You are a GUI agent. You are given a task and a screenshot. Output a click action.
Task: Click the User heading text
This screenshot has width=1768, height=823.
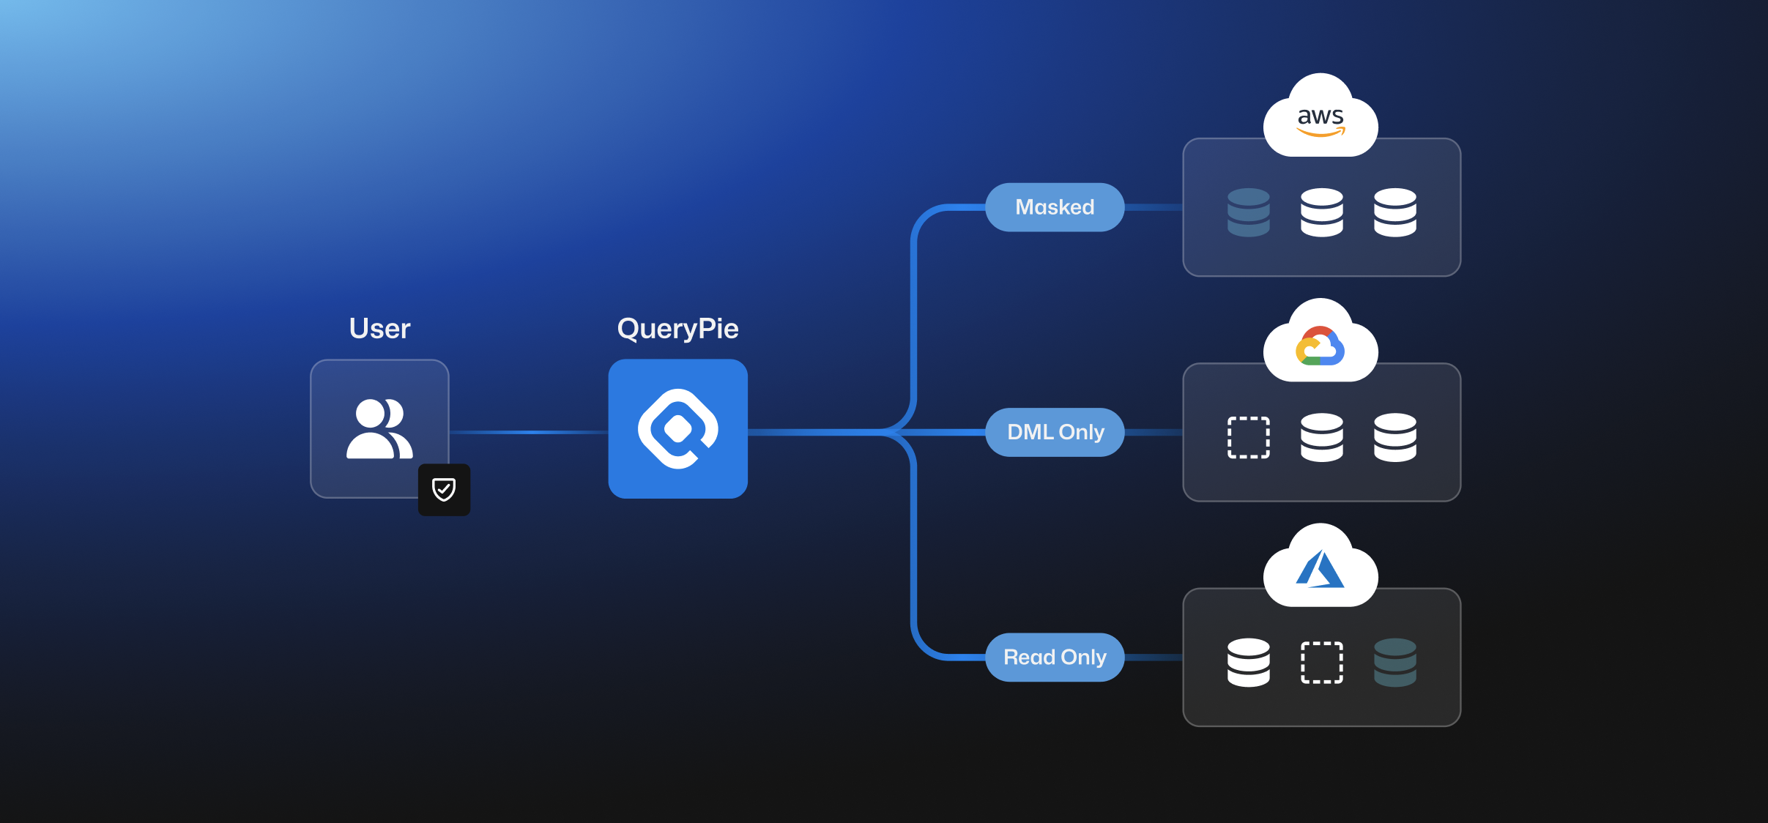[379, 329]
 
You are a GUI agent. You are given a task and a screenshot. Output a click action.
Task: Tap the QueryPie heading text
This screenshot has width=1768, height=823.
[677, 329]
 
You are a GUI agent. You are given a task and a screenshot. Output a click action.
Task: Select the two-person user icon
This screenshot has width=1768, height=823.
[379, 429]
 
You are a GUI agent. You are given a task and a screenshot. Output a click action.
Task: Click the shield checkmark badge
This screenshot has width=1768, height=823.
[444, 489]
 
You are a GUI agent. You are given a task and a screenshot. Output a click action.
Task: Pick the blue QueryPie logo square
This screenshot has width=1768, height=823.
[677, 429]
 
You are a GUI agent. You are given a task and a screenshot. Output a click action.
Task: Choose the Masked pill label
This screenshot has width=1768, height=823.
[1055, 207]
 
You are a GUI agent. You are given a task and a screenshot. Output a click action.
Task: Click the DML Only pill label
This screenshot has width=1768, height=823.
[1055, 432]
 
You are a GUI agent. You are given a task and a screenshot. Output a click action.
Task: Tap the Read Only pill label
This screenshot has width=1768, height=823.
[1055, 657]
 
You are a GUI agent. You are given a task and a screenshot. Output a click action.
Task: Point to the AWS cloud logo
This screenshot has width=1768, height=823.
[1321, 119]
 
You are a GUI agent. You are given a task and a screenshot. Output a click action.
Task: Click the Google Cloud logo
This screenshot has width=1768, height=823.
[1321, 346]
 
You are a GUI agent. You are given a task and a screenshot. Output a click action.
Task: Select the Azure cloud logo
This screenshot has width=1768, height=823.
[1321, 570]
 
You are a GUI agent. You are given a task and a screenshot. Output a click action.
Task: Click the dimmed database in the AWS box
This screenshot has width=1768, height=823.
[1249, 212]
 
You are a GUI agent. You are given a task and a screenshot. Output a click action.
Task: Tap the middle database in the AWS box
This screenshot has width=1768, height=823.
[1322, 212]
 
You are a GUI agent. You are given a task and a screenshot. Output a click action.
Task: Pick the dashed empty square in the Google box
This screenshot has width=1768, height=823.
[1249, 437]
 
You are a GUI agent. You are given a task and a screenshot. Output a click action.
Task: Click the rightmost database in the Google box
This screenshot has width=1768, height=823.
[1395, 437]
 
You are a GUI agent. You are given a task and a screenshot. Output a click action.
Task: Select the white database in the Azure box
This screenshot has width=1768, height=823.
[1249, 662]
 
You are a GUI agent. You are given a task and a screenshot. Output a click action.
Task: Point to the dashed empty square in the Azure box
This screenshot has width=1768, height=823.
[1322, 662]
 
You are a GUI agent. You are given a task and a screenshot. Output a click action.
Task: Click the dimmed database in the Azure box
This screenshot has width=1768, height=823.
[1395, 662]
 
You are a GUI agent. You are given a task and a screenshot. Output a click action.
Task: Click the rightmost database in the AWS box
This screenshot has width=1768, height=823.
[1395, 212]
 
